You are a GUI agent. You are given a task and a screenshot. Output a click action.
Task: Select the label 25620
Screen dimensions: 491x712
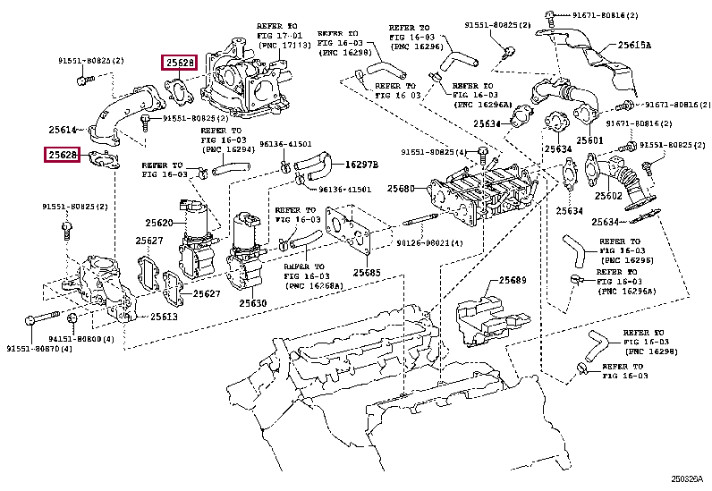tap(160, 223)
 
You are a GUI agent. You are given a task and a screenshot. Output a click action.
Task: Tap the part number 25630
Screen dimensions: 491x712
tap(253, 303)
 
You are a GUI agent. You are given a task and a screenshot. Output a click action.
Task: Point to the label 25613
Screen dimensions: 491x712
tap(164, 316)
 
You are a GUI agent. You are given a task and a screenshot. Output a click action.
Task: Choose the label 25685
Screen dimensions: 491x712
tap(367, 272)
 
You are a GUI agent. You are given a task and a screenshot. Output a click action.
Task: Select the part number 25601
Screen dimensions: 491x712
tap(590, 141)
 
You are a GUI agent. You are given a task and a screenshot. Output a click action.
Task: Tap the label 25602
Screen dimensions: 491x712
tap(608, 195)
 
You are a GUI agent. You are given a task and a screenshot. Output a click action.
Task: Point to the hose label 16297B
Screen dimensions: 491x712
tap(360, 165)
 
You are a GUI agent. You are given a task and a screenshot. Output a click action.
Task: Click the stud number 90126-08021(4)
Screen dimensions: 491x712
tap(430, 243)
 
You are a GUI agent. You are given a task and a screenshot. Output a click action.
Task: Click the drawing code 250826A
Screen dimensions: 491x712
tap(689, 478)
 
